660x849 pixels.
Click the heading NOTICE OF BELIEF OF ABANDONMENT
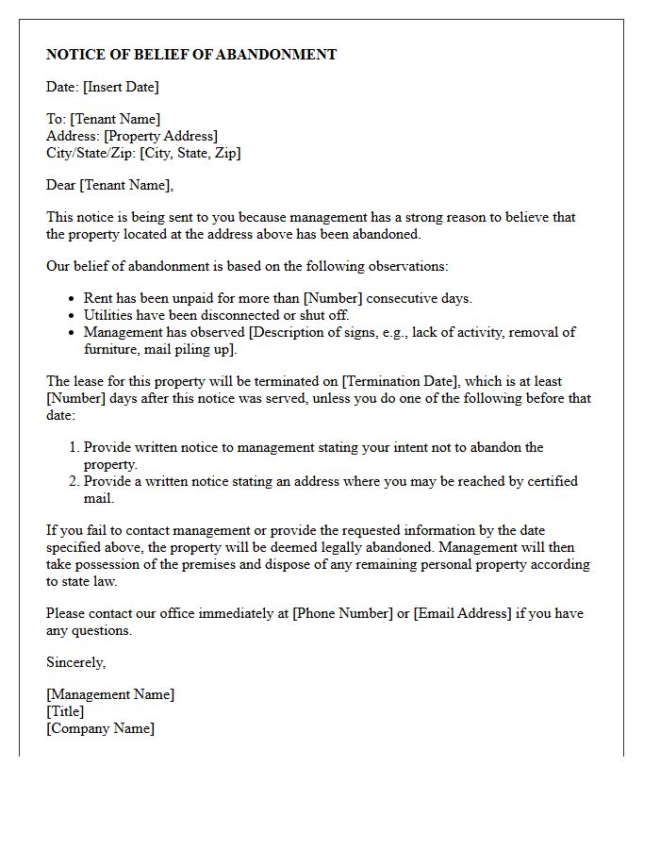[x=191, y=55]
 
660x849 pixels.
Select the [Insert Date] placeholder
[x=121, y=87]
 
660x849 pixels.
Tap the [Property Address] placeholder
[x=160, y=136]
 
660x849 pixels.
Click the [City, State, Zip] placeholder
[x=190, y=153]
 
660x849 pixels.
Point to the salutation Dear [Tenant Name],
[x=110, y=185]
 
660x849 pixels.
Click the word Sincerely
[x=75, y=662]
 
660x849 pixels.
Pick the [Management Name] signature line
[x=110, y=694]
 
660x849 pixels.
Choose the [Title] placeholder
[x=65, y=711]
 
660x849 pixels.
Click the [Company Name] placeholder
[x=100, y=728]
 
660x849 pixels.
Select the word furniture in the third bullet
[x=110, y=349]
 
